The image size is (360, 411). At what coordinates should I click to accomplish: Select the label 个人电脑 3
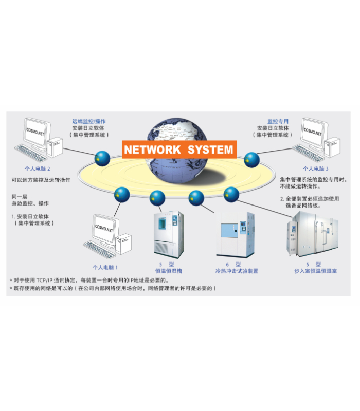(315, 168)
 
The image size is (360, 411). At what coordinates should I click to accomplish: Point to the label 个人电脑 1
(105, 267)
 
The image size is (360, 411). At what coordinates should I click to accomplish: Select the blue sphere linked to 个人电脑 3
(251, 159)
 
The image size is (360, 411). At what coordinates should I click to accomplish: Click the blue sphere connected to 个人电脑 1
(122, 194)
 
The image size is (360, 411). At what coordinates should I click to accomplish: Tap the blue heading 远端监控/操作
(89, 121)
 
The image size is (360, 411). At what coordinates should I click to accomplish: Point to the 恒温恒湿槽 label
(169, 271)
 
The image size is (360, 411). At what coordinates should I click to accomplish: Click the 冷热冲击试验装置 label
(237, 271)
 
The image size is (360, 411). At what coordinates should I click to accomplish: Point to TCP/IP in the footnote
(47, 281)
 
